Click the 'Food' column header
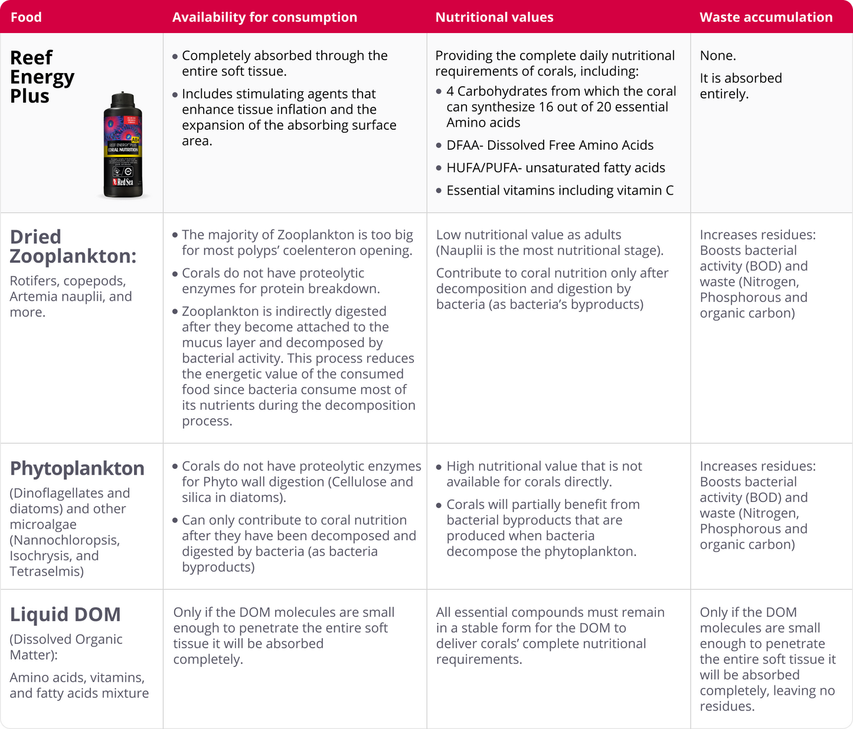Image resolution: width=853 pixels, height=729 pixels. pos(26,17)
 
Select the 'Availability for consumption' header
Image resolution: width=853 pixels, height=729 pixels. pos(264,17)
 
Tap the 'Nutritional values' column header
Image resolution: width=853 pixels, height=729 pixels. pos(494,17)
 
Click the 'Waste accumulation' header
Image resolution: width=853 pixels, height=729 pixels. pos(766,17)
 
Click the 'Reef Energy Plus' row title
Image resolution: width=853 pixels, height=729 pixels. pos(42,77)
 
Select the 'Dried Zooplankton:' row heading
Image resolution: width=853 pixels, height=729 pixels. pos(73,246)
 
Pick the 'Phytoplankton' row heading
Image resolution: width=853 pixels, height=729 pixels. pos(77,468)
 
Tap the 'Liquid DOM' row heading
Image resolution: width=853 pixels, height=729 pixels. pos(65,615)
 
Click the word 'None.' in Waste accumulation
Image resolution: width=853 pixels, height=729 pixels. pos(718,56)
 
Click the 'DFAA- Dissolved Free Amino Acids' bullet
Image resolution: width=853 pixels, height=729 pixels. pos(550,145)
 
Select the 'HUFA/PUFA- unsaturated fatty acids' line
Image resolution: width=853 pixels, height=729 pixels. pos(555,168)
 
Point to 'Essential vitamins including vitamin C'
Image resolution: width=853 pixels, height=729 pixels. pos(560,191)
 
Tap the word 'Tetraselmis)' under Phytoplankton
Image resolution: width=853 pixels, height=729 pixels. pos(47,571)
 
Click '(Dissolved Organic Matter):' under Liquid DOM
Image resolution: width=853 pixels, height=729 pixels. pos(66,647)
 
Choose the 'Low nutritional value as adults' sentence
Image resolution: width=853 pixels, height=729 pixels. pos(528,235)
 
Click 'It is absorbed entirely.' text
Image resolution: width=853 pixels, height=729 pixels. pos(740,86)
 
